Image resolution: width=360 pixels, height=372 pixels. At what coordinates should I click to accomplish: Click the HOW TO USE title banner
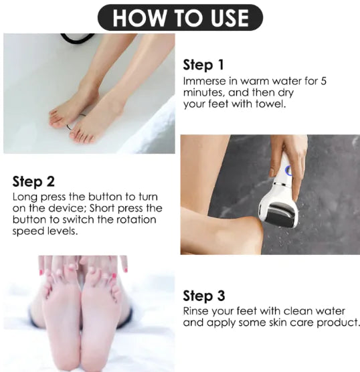[x=180, y=17]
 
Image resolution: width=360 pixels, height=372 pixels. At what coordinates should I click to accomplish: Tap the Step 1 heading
[x=203, y=65]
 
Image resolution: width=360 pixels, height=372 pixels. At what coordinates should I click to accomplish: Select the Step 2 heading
[x=33, y=181]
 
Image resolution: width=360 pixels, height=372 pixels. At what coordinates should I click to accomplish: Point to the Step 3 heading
[x=204, y=296]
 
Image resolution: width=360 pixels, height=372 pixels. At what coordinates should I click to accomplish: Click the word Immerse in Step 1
[x=203, y=81]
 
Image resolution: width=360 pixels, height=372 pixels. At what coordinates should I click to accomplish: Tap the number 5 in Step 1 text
[x=323, y=81]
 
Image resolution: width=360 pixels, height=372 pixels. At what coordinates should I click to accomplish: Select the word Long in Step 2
[x=24, y=197]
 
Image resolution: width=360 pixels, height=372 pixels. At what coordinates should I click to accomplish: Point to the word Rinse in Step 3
[x=197, y=312]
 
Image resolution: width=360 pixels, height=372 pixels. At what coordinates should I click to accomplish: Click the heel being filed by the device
[x=248, y=231]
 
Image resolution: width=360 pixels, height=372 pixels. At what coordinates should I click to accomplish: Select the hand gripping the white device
[x=288, y=151]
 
